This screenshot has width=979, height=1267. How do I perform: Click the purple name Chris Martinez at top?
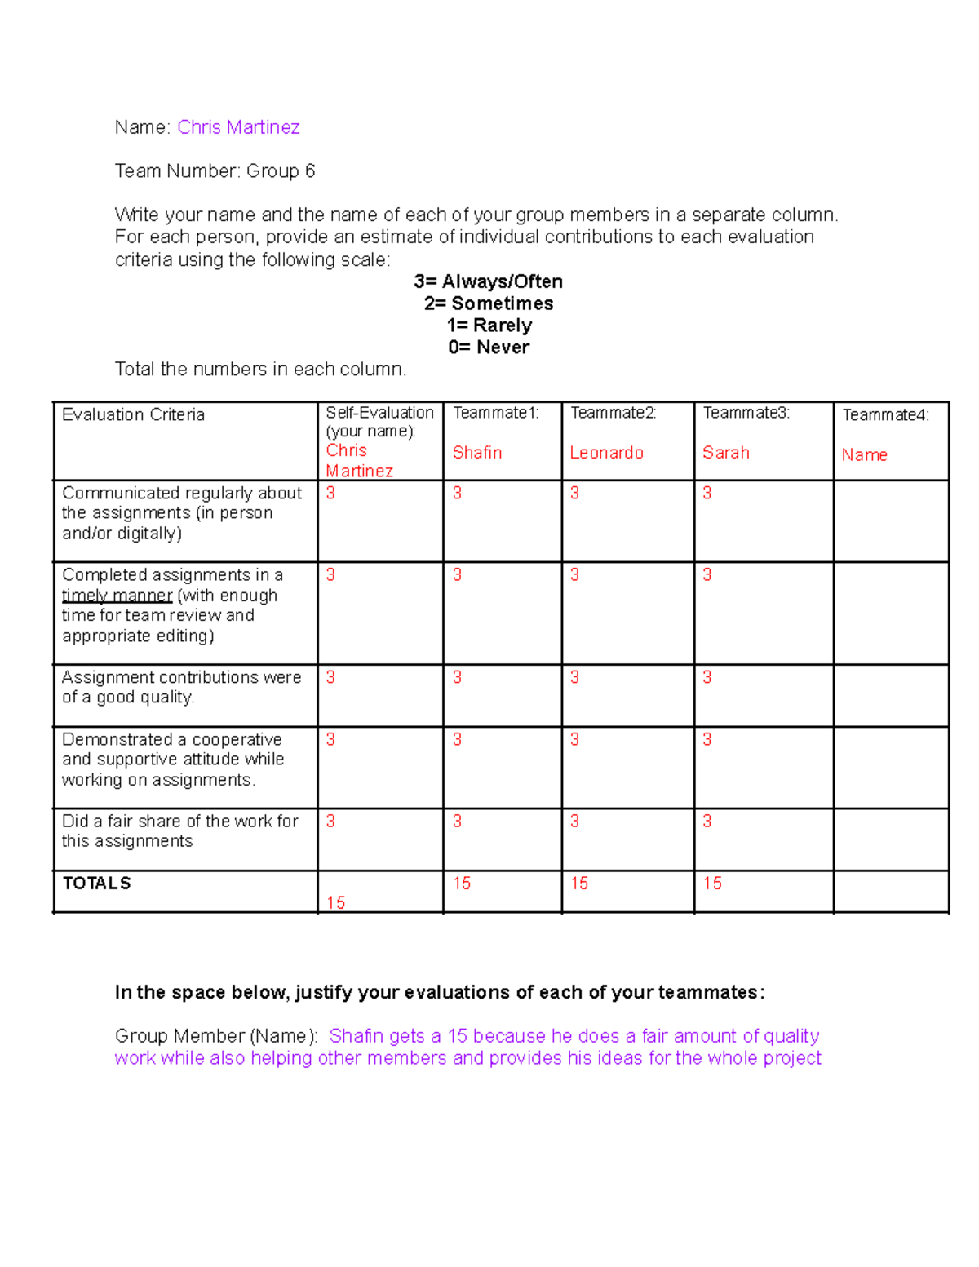pos(238,127)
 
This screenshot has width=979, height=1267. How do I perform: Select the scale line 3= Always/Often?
pos(488,281)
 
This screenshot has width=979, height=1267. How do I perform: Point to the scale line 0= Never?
pos(488,348)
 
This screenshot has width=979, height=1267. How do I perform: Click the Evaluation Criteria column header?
pos(133,414)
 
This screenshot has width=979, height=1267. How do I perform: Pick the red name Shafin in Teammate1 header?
pos(477,453)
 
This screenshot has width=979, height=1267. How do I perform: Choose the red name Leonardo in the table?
pos(606,453)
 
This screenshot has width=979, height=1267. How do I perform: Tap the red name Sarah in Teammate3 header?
pos(725,453)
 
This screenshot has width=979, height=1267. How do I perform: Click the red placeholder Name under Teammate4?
pos(864,455)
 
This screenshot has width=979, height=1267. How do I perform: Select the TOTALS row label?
pos(96,884)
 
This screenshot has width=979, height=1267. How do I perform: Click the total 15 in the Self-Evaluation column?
pos(335,902)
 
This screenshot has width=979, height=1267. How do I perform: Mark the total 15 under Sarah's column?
pos(712,884)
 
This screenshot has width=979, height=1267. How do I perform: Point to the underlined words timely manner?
pos(117,596)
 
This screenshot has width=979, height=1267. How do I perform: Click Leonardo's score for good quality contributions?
pos(574,677)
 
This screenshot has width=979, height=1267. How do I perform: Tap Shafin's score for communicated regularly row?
pos(457,493)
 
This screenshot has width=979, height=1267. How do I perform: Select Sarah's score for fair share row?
pos(707,821)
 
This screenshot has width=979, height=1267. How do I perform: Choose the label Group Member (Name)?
pos(216,1036)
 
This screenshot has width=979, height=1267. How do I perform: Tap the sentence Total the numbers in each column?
pos(260,370)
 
